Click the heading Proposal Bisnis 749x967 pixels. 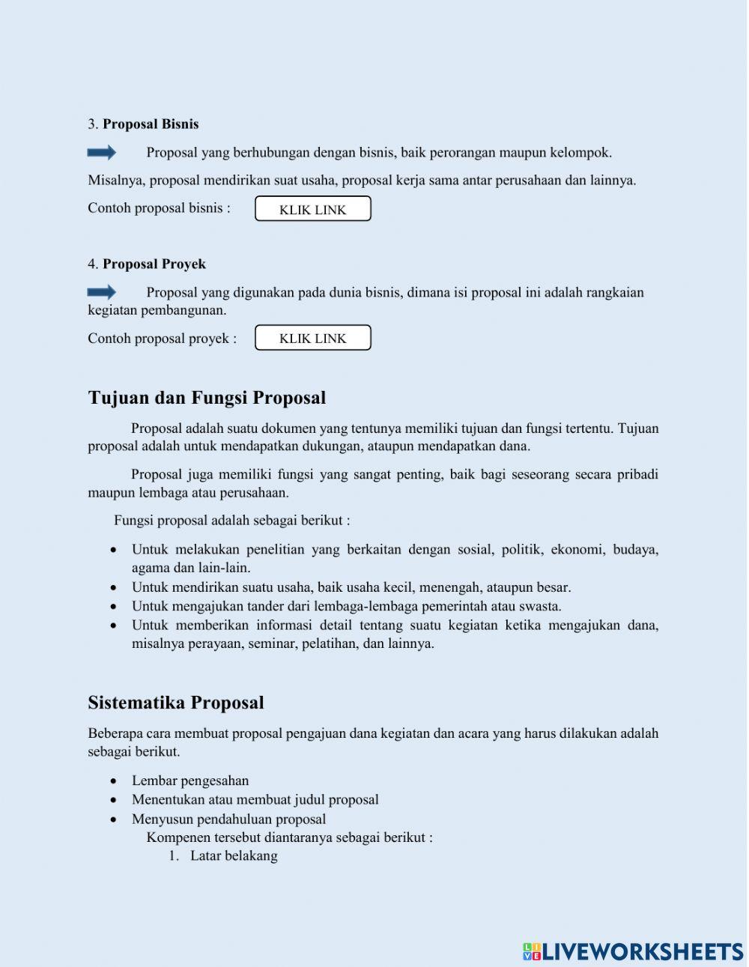point(150,124)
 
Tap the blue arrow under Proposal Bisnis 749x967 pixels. point(102,153)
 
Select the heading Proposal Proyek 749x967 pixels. point(154,264)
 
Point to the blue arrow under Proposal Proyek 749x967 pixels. point(102,292)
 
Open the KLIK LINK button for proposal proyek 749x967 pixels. point(313,338)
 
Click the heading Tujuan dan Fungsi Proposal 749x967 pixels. point(207,398)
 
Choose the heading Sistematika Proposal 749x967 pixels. point(176,703)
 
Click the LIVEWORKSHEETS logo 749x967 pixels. point(633,951)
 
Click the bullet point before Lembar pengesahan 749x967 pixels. point(114,781)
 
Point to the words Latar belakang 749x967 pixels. point(234,856)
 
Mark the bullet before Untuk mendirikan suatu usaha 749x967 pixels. point(114,588)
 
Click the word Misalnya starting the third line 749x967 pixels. point(117,181)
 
